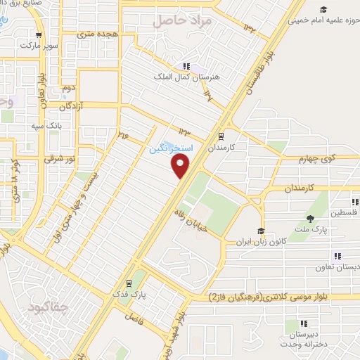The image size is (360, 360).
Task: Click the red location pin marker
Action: coord(181,166)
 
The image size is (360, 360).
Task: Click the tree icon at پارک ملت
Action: coord(308,218)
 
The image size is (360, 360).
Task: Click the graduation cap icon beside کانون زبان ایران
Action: coord(260,231)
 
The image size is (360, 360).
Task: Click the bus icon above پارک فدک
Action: coord(128,284)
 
